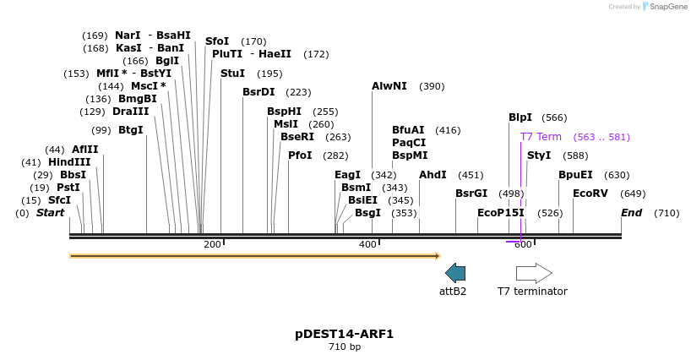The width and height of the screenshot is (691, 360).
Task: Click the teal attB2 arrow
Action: point(454,272)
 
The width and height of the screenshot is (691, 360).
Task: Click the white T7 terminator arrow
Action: point(534,273)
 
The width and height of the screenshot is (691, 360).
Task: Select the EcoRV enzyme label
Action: point(590,194)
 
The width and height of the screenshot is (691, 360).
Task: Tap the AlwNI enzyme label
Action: point(389,86)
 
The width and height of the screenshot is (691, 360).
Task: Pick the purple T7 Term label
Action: point(541,137)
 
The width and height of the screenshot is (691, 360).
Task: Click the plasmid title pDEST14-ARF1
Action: point(345,334)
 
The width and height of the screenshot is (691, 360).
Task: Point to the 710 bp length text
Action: point(345,347)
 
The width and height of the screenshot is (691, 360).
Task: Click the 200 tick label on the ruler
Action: point(212,244)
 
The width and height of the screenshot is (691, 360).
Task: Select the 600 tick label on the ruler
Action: point(523,244)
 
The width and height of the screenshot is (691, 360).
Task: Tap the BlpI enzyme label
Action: point(520,117)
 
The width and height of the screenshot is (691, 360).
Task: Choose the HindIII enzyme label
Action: point(69,162)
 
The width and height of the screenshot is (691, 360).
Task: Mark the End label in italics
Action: point(632,213)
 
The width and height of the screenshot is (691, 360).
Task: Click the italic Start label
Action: point(50,213)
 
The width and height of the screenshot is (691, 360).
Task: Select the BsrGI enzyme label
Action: point(471,194)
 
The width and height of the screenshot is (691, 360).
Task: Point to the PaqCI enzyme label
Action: point(409,143)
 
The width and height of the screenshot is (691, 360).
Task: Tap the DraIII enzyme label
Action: point(131,112)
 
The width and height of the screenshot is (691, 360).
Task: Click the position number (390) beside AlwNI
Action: point(432,86)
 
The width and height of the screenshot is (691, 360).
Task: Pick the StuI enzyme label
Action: point(232,74)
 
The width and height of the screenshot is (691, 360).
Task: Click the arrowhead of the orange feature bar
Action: point(437,255)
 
